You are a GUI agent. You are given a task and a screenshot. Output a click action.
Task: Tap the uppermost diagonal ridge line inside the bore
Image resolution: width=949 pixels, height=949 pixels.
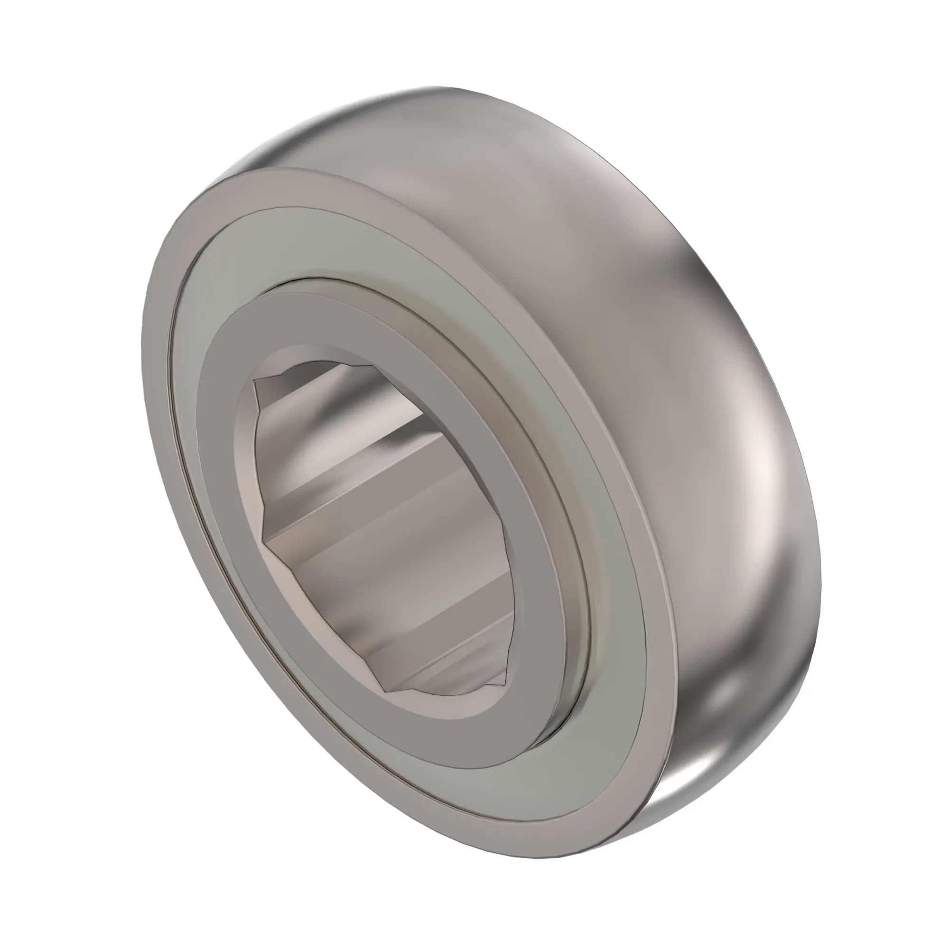coord(344,388)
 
